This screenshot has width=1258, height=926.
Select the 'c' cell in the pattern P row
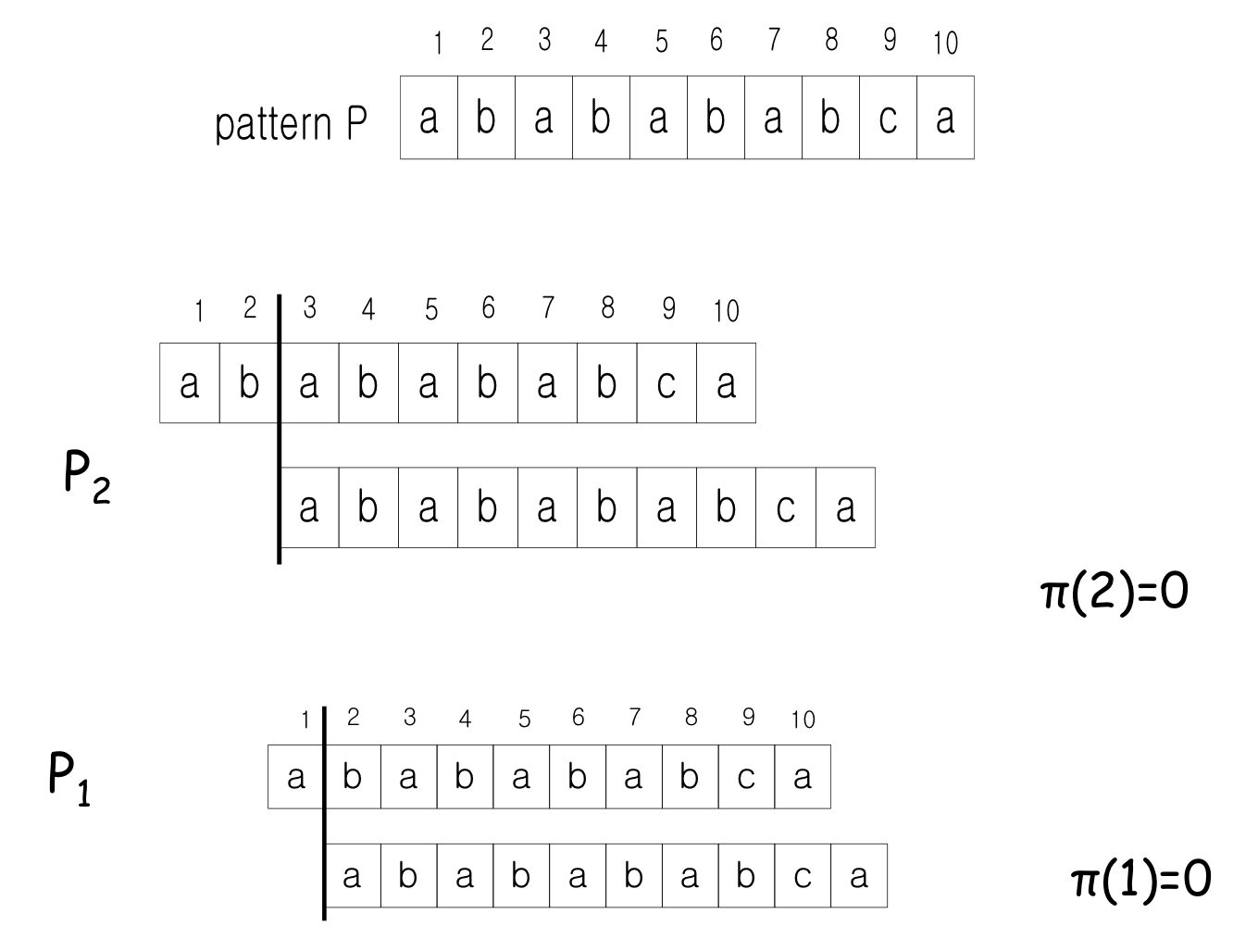(888, 119)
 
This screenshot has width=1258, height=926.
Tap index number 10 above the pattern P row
(945, 43)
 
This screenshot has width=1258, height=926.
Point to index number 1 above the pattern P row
(439, 44)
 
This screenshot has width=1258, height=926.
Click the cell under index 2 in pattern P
(486, 119)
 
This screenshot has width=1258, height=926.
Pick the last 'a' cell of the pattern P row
(945, 119)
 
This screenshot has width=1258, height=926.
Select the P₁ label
(69, 779)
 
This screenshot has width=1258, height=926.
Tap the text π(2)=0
(1114, 592)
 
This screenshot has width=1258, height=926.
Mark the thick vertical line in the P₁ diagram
(324, 815)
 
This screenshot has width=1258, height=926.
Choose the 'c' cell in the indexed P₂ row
(666, 383)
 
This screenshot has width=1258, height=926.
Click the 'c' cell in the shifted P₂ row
(786, 507)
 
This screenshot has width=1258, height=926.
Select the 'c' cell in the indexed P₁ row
(746, 777)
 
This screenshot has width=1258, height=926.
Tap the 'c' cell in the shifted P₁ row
(803, 875)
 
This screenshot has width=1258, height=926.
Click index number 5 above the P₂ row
(431, 310)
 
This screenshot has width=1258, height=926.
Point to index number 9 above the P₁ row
(748, 718)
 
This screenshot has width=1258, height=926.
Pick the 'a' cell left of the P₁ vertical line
(295, 777)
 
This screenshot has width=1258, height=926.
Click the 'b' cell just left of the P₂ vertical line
(248, 383)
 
